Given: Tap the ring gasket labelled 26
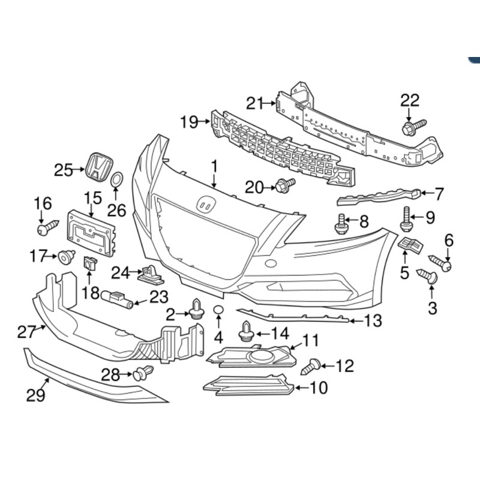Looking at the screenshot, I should (x=118, y=180).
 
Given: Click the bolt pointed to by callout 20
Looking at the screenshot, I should (x=284, y=185).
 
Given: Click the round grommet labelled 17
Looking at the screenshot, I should (x=65, y=258).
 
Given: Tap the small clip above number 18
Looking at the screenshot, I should (x=91, y=263).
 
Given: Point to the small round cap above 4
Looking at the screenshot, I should (x=218, y=310).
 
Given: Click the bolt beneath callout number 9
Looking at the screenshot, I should (x=407, y=220).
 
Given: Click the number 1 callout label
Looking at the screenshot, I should (x=214, y=164).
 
